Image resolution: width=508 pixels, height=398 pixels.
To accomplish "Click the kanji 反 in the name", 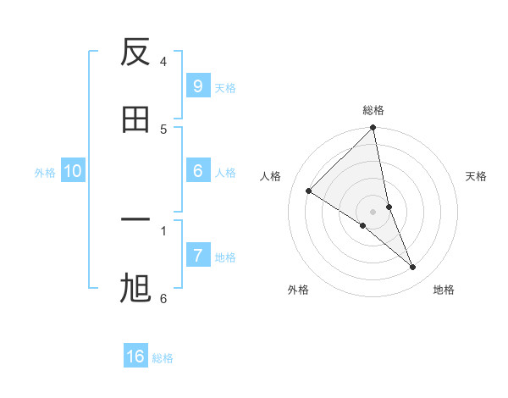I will [135, 53].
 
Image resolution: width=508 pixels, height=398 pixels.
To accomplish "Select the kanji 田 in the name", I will [135, 119].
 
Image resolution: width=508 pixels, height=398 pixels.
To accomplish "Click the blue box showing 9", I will [197, 86].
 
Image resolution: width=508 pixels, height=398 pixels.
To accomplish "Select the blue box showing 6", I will [197, 171].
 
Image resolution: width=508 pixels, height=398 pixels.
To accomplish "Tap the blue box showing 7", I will [197, 256].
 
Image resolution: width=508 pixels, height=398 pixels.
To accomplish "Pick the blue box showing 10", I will [73, 171].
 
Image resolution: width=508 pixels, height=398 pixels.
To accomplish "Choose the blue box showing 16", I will [135, 357].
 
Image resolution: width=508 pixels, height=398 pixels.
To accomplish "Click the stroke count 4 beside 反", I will [163, 62].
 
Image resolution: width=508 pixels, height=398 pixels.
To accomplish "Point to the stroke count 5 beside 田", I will [163, 129].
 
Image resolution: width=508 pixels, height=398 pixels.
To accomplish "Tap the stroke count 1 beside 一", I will [163, 229].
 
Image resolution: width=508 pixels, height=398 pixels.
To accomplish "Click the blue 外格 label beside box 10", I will [45, 173].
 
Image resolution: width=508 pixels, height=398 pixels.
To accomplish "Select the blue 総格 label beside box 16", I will [163, 358].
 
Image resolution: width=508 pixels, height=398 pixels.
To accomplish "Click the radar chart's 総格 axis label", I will [373, 110].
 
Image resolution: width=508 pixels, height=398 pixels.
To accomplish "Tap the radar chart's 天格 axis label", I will [477, 176].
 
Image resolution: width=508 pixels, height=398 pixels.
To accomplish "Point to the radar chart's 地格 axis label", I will [444, 290].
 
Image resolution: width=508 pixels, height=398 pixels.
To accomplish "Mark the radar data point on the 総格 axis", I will [373, 129].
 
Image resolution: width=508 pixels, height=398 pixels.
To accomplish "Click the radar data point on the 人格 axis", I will [309, 191].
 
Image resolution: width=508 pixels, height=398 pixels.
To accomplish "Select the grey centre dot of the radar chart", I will [373, 211].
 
